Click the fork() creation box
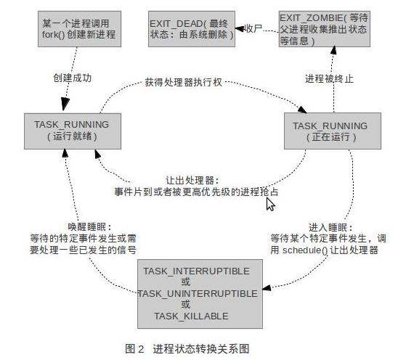pyautogui.click(x=79, y=29)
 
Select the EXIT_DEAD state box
pyautogui.click(x=192, y=29)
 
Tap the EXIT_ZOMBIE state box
pyautogui.click(x=325, y=29)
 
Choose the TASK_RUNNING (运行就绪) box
pyautogui.click(x=73, y=131)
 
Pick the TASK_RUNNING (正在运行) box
pyautogui.click(x=333, y=131)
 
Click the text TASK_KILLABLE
pyautogui.click(x=191, y=316)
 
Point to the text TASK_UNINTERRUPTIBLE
pyautogui.click(x=198, y=293)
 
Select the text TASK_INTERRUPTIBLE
pyautogui.click(x=196, y=271)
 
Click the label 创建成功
pyautogui.click(x=73, y=78)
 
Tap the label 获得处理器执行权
pyautogui.click(x=184, y=82)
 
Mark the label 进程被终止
pyautogui.click(x=329, y=78)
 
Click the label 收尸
pyautogui.click(x=253, y=28)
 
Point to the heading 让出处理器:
pyautogui.click(x=192, y=181)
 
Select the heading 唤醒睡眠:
pyautogui.click(x=89, y=226)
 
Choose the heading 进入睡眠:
pyautogui.click(x=330, y=227)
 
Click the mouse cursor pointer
pyautogui.click(x=270, y=204)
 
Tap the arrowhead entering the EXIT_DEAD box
pyautogui.click(x=240, y=28)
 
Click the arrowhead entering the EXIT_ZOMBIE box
pyautogui.click(x=333, y=50)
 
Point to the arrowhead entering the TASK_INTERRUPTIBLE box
pyautogui.click(x=267, y=288)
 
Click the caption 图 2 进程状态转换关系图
pyautogui.click(x=187, y=348)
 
